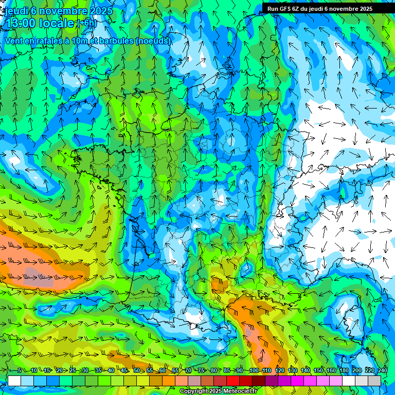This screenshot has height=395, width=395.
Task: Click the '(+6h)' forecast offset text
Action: pyautogui.click(x=86, y=23)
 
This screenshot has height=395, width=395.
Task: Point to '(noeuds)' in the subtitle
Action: pyautogui.click(x=153, y=41)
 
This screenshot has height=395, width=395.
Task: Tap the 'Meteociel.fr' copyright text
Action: pyautogui.click(x=237, y=391)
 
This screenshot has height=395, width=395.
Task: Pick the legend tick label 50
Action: pyautogui.click(x=137, y=370)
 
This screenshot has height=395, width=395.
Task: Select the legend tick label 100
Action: pyautogui.click(x=253, y=370)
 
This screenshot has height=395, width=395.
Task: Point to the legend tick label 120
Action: pyautogui.click(x=279, y=370)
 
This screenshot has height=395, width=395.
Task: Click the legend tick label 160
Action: pyautogui.click(x=331, y=370)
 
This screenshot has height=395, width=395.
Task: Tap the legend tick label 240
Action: pyautogui.click(x=383, y=370)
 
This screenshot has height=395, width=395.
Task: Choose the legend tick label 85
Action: pyautogui.click(x=227, y=370)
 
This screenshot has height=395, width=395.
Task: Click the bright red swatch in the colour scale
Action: pyautogui.click(x=233, y=381)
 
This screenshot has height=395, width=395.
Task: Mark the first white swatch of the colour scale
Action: pyautogui.click(x=14, y=381)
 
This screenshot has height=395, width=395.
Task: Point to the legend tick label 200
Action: pyautogui.click(x=357, y=370)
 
